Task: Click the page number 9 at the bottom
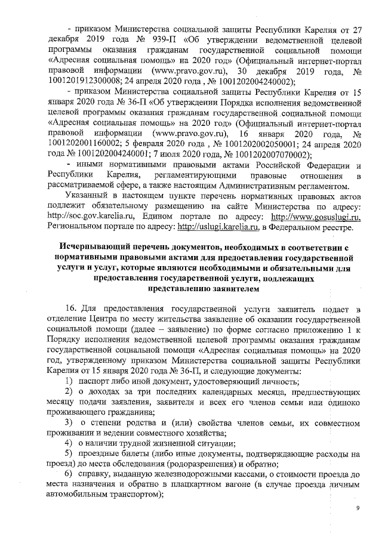click(x=357, y=508)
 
